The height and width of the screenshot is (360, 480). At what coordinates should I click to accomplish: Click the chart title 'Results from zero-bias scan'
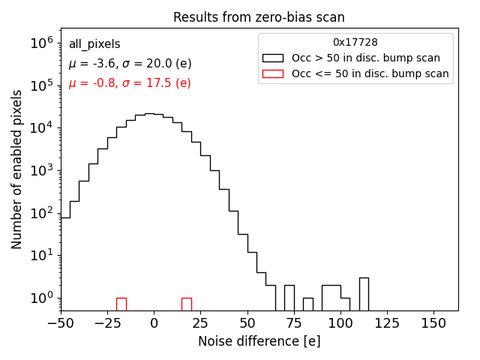(x=259, y=17)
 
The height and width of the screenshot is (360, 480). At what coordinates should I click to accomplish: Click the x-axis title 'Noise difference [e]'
(x=259, y=341)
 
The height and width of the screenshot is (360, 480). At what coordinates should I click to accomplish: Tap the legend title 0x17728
(x=355, y=42)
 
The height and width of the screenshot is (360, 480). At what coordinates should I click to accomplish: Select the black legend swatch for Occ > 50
(x=273, y=58)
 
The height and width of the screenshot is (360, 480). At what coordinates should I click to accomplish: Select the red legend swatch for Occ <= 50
(x=273, y=73)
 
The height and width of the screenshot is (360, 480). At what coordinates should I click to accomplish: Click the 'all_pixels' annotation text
(x=94, y=44)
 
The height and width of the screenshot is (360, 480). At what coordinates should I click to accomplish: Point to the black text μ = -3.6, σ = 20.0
(x=130, y=64)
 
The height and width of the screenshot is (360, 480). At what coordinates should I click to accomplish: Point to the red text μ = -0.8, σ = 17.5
(x=130, y=83)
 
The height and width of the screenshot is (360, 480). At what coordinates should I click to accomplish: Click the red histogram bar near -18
(x=121, y=304)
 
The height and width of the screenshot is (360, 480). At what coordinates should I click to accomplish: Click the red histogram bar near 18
(x=187, y=304)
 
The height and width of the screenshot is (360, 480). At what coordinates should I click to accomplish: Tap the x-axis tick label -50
(x=61, y=323)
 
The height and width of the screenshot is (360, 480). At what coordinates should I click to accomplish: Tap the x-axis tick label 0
(x=154, y=323)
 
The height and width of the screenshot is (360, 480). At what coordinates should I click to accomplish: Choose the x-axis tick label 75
(x=294, y=323)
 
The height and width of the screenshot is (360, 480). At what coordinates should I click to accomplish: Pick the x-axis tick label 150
(x=433, y=323)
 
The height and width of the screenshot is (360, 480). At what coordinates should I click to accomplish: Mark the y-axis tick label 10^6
(x=41, y=43)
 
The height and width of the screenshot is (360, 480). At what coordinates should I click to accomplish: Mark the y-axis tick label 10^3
(x=41, y=170)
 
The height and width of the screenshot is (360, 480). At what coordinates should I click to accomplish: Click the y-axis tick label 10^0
(x=41, y=298)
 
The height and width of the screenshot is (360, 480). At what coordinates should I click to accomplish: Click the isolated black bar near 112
(x=364, y=294)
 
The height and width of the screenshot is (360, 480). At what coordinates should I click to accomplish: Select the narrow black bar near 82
(x=308, y=304)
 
